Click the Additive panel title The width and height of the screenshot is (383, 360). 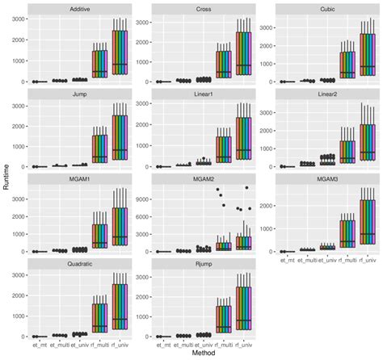78,8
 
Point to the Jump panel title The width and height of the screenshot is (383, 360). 78,94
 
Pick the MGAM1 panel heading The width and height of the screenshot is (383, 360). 78,178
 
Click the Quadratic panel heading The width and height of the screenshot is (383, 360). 78,262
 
